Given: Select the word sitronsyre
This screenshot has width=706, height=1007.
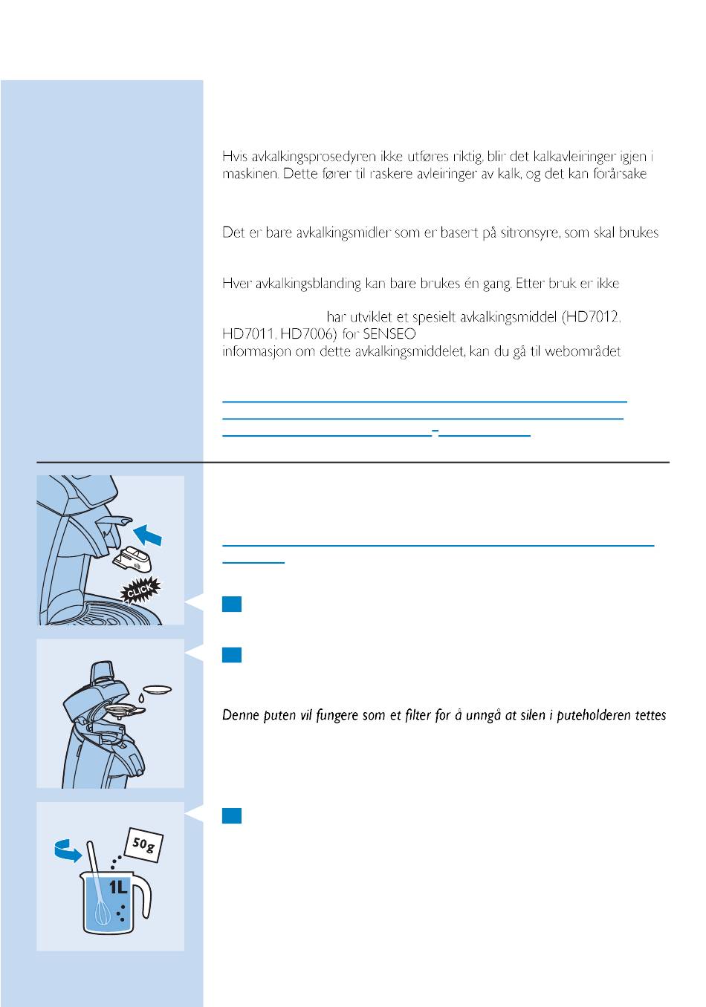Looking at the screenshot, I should pos(531,232).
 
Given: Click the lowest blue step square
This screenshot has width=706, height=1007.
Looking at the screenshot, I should pos(231,815).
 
